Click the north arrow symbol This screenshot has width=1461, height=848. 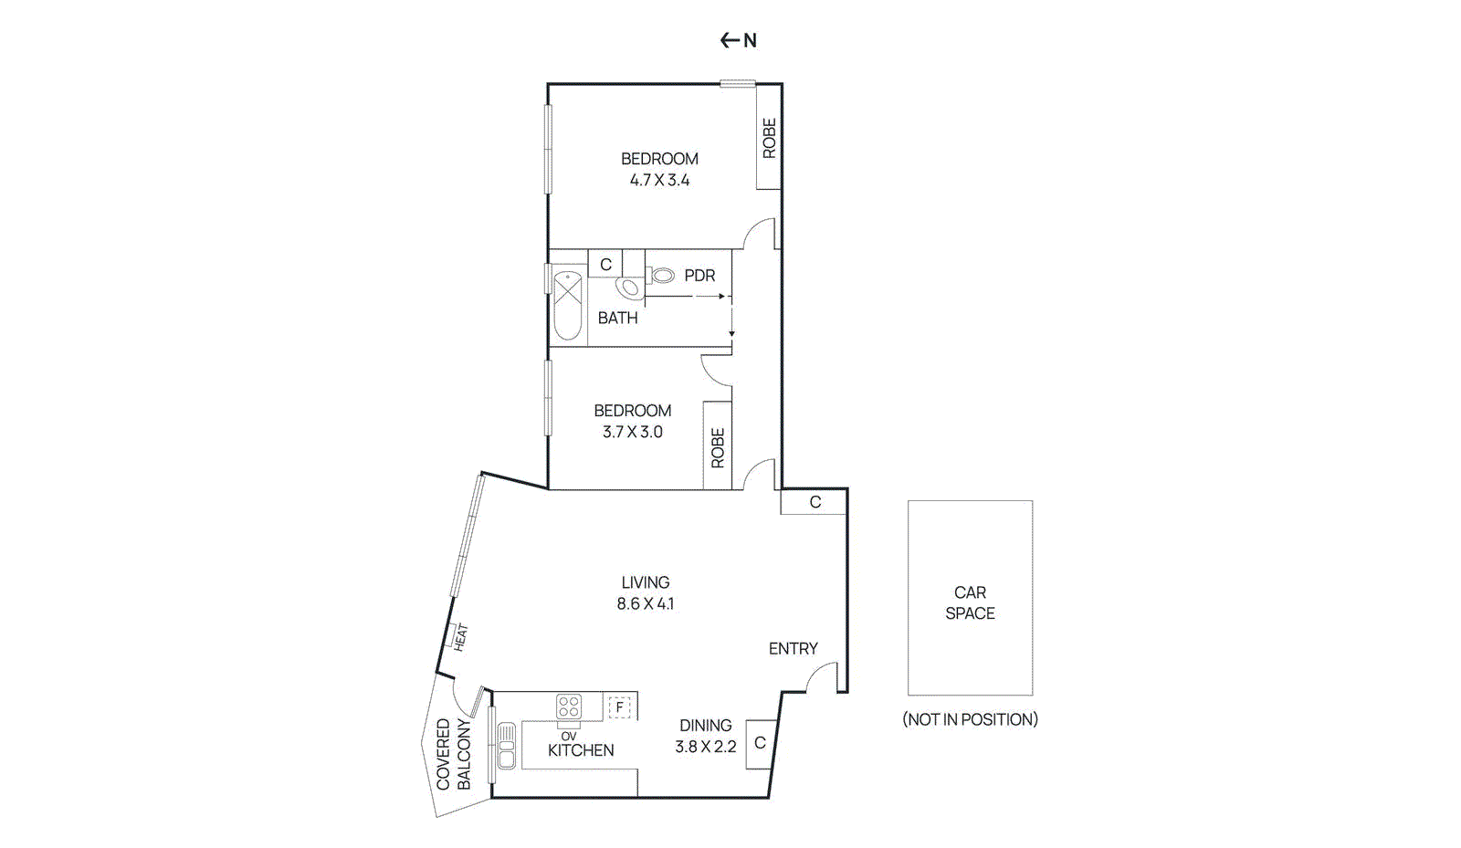tap(738, 40)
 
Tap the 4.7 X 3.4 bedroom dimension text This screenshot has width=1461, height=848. tap(659, 181)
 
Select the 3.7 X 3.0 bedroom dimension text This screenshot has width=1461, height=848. tap(632, 432)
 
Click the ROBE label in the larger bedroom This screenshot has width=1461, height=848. tap(769, 138)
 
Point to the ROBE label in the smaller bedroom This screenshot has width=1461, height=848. tap(718, 448)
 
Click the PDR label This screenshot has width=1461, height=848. tap(699, 276)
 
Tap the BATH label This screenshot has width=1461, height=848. tap(617, 318)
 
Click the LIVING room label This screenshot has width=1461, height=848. tap(645, 582)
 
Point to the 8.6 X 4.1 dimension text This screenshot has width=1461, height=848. tap(645, 603)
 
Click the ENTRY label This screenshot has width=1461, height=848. tap(793, 649)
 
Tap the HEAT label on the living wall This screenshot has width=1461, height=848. tap(459, 636)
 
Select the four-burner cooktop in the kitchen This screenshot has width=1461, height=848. tap(569, 707)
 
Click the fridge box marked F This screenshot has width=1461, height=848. tap(620, 707)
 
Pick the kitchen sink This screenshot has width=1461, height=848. tap(506, 746)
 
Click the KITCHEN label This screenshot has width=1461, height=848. tap(581, 750)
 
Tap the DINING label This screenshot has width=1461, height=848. tap(705, 726)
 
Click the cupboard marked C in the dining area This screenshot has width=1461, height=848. tap(760, 744)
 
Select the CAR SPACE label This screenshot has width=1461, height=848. tap(970, 602)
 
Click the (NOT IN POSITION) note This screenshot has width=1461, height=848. tap(970, 719)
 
